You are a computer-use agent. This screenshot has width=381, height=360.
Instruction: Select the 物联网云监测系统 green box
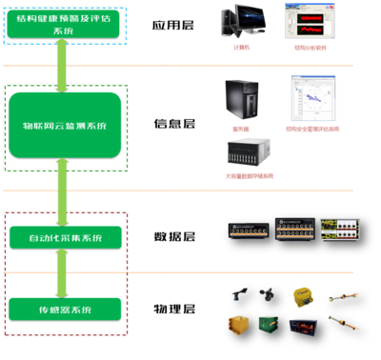[x=65, y=125]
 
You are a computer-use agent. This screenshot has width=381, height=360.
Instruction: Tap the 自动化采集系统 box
[x=65, y=235]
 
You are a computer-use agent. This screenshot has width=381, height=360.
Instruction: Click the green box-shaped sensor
[x=272, y=330]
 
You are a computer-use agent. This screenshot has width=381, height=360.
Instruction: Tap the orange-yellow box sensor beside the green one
[x=237, y=329]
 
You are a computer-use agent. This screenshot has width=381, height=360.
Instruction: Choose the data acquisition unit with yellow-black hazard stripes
[x=340, y=232]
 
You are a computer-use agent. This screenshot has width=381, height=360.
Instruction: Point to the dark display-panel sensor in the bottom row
[x=307, y=330]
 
